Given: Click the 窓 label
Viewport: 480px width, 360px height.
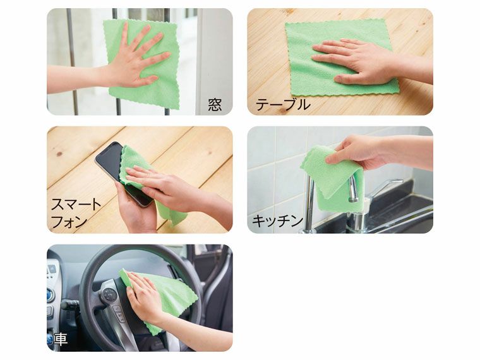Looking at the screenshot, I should click(215, 104).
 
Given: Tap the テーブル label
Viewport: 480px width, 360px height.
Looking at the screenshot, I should click(282, 105).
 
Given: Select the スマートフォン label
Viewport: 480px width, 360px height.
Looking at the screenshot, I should click(76, 212).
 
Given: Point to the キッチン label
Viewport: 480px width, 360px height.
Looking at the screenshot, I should click(277, 221).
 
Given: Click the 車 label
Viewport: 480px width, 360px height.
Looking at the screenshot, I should click(60, 339).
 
